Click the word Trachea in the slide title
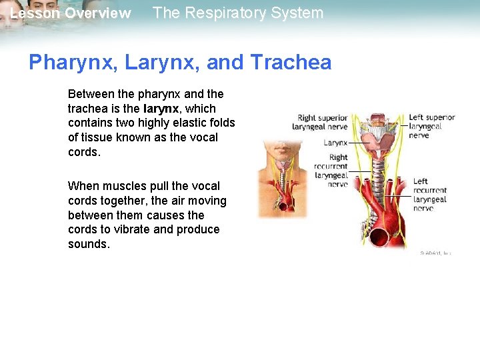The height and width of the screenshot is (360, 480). (x=291, y=63)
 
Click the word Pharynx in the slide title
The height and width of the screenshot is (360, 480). (x=67, y=63)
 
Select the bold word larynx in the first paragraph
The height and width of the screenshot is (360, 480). (x=160, y=108)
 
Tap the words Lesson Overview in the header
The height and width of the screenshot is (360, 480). (x=70, y=14)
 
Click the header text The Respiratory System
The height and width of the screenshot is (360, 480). (x=238, y=13)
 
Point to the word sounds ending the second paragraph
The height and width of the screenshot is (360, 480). (x=89, y=244)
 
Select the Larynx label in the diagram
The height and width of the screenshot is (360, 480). (x=335, y=143)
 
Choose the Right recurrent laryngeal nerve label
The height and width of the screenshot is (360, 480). (x=331, y=171)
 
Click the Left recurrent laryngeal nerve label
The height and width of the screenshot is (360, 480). (x=429, y=195)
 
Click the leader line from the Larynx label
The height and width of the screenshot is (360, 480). (x=359, y=143)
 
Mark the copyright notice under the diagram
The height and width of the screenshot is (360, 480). (x=435, y=253)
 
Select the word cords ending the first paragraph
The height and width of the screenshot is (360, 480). (x=83, y=152)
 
